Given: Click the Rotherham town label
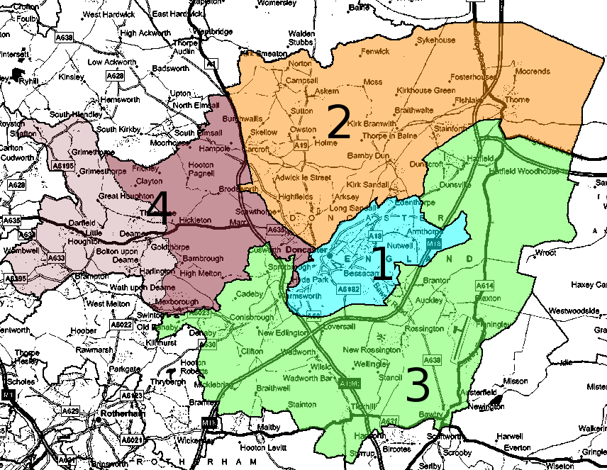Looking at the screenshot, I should pos(113,413).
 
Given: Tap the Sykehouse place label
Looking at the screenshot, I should pos(435,40).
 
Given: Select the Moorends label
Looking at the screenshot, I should pos(532,72).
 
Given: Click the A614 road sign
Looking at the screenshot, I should pos(484,285).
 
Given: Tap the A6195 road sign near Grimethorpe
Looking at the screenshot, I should pos(63,166).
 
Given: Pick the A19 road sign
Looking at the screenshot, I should pos(301,145).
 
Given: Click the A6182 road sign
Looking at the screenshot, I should pos(348,289).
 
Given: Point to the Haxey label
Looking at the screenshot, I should pos(592,284).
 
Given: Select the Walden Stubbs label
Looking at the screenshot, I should pos(301,38).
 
